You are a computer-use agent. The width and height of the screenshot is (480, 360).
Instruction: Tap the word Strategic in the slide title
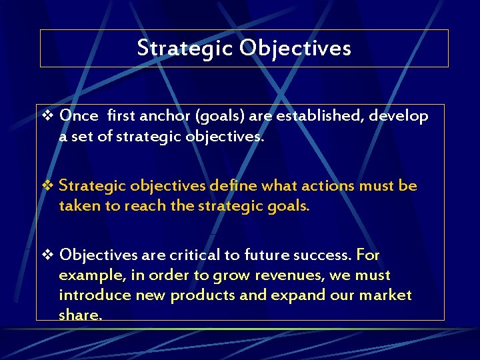point(185,48)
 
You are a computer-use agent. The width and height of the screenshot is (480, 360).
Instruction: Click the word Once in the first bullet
point(79,115)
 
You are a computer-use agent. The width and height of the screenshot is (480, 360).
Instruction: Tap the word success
point(325,255)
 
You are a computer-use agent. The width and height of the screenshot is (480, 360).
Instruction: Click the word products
point(203,295)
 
